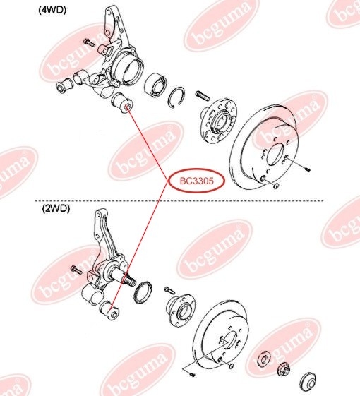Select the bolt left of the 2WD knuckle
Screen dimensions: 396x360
coord(76,270)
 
